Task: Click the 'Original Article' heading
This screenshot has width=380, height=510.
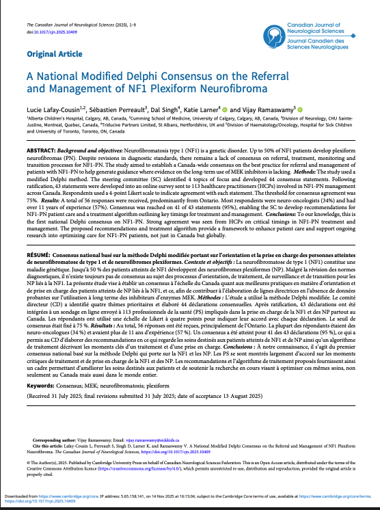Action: (x=55, y=53)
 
